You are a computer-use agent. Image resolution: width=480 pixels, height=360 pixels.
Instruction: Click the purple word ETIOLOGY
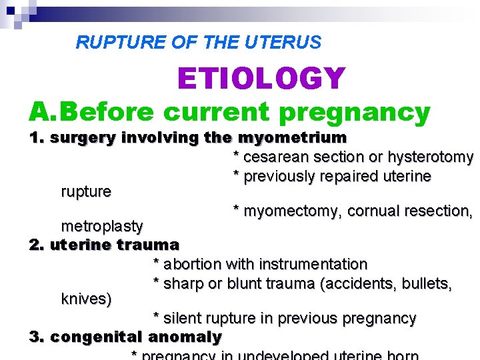(x=261, y=79)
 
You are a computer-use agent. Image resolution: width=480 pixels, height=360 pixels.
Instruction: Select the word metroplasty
(x=102, y=225)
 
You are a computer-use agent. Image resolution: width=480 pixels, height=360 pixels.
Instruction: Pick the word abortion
(x=192, y=265)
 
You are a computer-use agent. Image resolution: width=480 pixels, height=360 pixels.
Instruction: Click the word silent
(x=181, y=319)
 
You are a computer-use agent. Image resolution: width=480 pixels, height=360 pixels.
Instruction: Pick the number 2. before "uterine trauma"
(x=37, y=245)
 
